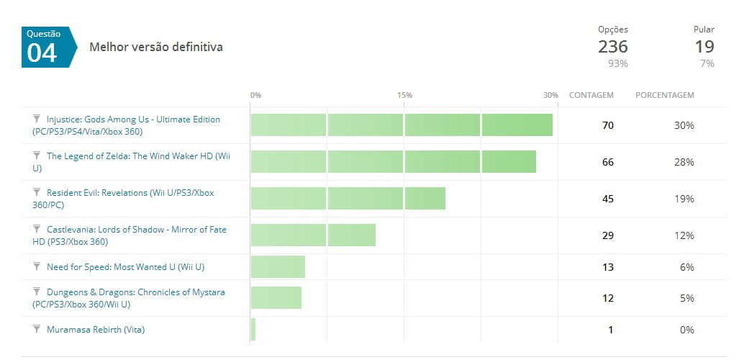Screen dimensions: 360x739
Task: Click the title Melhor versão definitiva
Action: point(155,47)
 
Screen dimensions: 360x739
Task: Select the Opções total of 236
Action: point(612,47)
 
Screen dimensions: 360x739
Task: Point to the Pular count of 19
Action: point(704,47)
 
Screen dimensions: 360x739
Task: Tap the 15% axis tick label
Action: point(404,95)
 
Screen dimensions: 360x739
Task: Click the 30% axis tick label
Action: point(550,95)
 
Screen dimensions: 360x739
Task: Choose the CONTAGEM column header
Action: point(591,95)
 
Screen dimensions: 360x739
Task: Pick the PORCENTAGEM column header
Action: point(664,95)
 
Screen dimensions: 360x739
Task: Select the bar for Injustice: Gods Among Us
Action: point(402,125)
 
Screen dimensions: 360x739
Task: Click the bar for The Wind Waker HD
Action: point(393,162)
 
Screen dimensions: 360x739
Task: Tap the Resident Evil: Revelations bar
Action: point(348,199)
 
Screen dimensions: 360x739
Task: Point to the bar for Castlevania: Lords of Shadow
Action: point(313,235)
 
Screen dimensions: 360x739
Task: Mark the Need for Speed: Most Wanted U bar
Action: point(278,267)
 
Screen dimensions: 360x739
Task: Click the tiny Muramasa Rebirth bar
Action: point(253,330)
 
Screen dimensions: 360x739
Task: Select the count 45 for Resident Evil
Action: point(607,199)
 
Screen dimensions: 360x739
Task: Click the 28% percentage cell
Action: point(684,162)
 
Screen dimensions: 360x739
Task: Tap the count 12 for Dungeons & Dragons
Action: point(607,298)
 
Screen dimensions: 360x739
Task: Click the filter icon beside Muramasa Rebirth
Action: point(37,329)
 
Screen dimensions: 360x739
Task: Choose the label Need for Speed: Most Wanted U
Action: point(125,267)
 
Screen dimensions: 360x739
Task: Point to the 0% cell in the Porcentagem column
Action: point(686,330)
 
